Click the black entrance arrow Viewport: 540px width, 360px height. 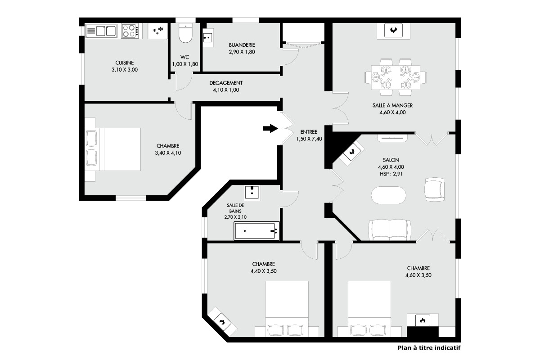coord(270,128)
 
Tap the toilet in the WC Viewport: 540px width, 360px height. coord(185,33)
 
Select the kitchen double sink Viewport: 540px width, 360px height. coord(101,31)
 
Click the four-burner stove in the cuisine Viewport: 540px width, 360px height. coord(130,31)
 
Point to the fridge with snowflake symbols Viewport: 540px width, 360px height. coord(157,31)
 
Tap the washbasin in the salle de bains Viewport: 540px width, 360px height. coord(252,193)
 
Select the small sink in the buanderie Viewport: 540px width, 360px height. coord(208,38)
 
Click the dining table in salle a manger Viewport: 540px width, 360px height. coord(396,77)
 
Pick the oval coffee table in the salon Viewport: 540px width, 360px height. coord(388,195)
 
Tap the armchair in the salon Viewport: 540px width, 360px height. coord(434,189)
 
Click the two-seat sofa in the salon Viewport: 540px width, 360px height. coord(390,230)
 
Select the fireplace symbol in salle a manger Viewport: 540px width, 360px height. coord(393,31)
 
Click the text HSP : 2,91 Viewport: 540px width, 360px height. coord(391,174)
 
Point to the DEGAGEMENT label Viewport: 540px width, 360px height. coord(226,83)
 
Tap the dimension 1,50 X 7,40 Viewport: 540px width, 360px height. coord(309,139)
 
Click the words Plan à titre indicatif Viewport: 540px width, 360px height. coord(429,348)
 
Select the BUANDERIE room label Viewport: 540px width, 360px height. coord(242,45)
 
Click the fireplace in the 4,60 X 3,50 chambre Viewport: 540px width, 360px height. coord(423,321)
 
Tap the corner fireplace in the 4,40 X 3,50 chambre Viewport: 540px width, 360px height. coord(222,322)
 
